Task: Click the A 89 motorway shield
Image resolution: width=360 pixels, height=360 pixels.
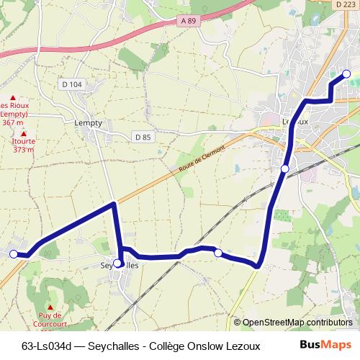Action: coord(189,21)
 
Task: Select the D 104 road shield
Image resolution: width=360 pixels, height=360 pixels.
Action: coord(72,84)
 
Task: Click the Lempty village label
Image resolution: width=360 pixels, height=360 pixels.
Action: coord(88,123)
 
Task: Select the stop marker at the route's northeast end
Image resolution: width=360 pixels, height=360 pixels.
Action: coord(346,73)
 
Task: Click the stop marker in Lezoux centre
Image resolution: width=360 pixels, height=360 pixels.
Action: coord(285,168)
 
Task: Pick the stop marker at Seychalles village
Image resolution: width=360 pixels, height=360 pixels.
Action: coord(117,264)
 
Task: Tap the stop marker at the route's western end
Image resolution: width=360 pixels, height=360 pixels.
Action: coord(13,253)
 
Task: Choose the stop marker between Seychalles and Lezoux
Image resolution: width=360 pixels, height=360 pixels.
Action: coord(217,253)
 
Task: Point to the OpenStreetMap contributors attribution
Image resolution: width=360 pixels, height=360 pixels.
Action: coord(297,323)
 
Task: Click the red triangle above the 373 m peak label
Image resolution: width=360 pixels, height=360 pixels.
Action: coord(24,133)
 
